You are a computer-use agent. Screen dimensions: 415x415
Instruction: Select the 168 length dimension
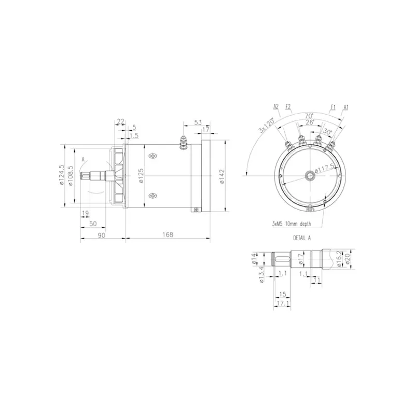168,235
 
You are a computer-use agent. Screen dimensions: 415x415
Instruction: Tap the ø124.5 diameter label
62,175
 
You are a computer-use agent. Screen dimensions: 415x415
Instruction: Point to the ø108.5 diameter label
70,175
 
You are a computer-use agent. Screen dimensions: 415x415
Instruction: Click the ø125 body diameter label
141,176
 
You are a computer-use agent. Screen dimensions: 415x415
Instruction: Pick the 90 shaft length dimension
102,235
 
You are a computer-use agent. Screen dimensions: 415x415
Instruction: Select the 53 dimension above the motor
198,122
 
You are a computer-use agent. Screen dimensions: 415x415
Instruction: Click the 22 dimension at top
120,121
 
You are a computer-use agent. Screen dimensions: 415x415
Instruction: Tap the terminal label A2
276,106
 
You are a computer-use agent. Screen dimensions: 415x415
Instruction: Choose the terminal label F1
333,106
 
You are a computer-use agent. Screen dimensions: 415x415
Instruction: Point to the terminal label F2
288,106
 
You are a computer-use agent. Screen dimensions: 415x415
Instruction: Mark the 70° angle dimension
309,115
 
